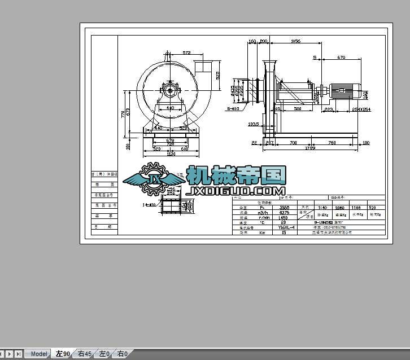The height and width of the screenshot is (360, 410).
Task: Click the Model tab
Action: pyautogui.click(x=39, y=354)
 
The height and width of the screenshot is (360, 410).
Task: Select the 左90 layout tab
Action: pyautogui.click(x=63, y=354)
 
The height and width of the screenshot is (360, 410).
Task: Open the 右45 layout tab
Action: pyautogui.click(x=84, y=354)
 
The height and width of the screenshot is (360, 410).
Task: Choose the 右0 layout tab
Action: pyautogui.click(x=122, y=354)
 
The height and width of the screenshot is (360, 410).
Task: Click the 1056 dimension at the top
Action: pyautogui.click(x=295, y=41)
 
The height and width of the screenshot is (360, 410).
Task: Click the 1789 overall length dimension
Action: pyautogui.click(x=310, y=148)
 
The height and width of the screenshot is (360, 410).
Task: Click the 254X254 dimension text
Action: pyautogui.click(x=361, y=109)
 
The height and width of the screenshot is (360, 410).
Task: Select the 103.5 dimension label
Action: pyautogui.click(x=254, y=124)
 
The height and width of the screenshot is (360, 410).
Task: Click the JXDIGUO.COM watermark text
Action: pyautogui.click(x=236, y=191)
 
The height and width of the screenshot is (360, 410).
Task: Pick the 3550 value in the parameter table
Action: pyautogui.click(x=283, y=208)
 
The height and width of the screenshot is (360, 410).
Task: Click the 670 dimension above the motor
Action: pyautogui.click(x=341, y=58)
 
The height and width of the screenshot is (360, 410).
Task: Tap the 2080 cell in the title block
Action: pyautogui.click(x=341, y=208)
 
